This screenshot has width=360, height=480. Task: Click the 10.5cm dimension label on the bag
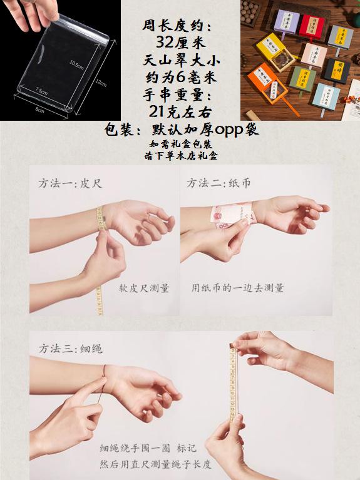tap(76, 64)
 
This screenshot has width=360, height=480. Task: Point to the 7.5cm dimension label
tap(41, 91)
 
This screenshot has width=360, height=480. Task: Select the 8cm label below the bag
tap(39, 110)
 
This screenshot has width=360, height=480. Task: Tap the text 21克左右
tap(181, 111)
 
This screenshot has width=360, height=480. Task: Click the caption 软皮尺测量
tap(144, 288)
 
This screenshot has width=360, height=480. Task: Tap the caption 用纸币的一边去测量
tap(238, 288)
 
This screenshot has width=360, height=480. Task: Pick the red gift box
tap(309, 26)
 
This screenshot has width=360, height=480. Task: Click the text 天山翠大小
tap(181, 61)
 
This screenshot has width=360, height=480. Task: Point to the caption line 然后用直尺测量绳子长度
tap(156, 464)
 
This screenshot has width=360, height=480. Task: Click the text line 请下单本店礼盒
tap(181, 156)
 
